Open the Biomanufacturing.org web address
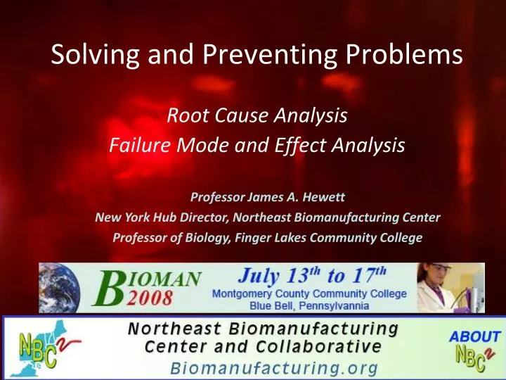coord(275,367)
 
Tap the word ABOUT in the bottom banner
coord(474,336)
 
